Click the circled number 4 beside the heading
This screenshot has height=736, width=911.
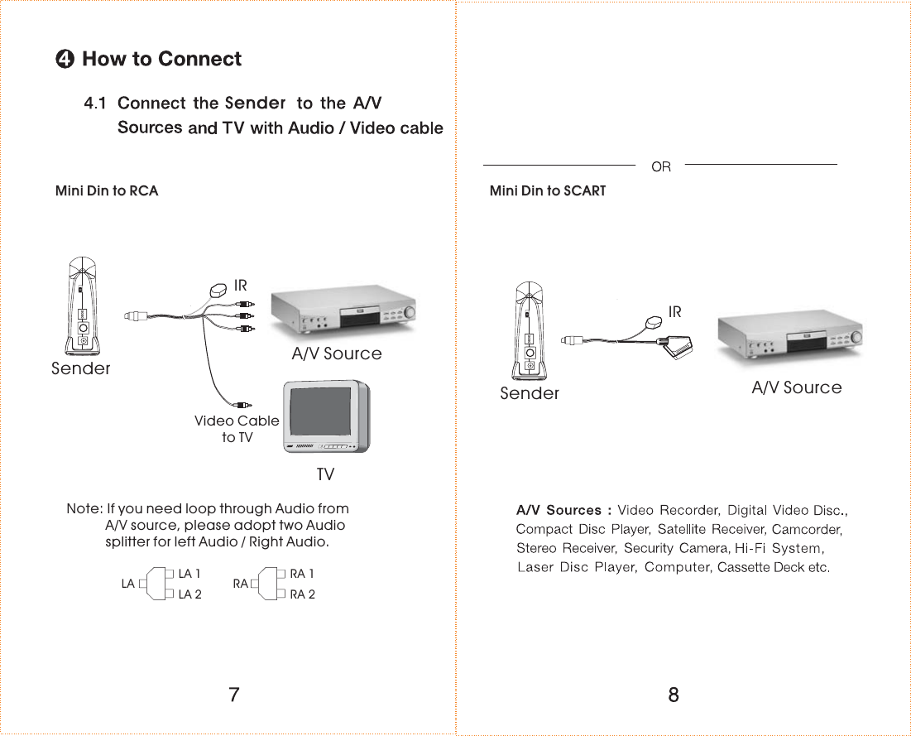pos(65,60)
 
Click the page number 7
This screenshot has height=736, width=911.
pos(234,695)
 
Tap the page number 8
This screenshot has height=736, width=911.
pos(674,695)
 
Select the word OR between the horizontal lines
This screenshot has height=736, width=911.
pos(660,167)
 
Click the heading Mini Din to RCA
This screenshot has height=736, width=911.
pos(106,191)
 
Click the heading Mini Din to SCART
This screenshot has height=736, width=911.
pos(548,191)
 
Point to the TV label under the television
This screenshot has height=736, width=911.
pos(325,474)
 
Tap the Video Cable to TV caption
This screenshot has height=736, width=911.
pos(237,428)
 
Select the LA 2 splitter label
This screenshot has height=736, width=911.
pos(190,594)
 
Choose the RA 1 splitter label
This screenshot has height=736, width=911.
pos(302,574)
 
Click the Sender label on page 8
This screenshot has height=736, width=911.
pos(530,394)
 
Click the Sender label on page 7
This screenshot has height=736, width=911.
pos(80,368)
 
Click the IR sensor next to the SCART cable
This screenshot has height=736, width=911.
pos(654,321)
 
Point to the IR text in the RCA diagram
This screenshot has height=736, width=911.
pos(241,286)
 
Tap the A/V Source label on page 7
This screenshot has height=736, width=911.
pos(337,354)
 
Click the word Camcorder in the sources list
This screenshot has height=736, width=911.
pos(806,529)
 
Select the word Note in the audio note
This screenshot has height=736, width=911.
pos(83,508)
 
